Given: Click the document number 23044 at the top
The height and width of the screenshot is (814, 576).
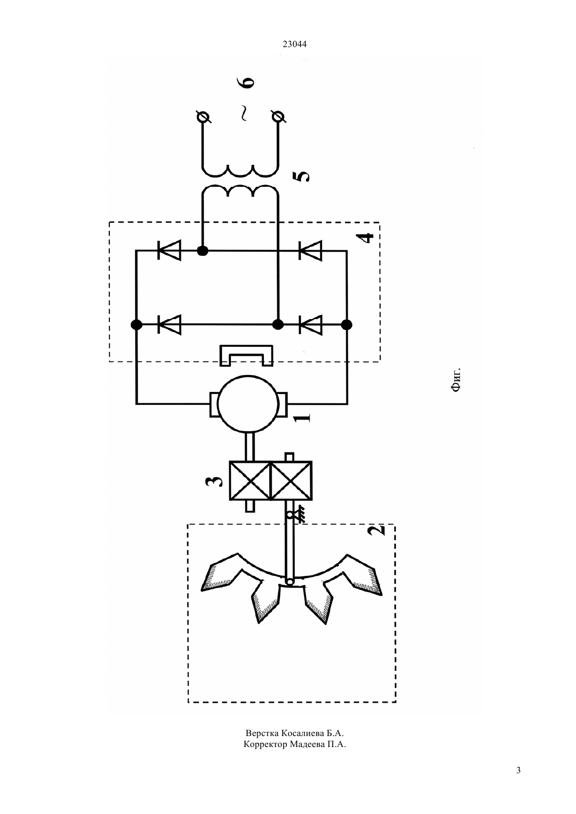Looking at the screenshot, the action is (x=294, y=44).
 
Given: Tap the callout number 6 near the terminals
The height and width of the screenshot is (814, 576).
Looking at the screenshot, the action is (x=248, y=83).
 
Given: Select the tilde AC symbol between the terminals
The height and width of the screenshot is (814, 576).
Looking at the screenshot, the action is (x=243, y=113).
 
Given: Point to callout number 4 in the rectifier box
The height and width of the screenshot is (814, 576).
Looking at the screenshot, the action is (x=368, y=238).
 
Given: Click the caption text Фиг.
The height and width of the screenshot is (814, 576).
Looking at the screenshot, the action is (x=456, y=379).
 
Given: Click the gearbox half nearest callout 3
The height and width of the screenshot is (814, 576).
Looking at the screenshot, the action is (x=250, y=481).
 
